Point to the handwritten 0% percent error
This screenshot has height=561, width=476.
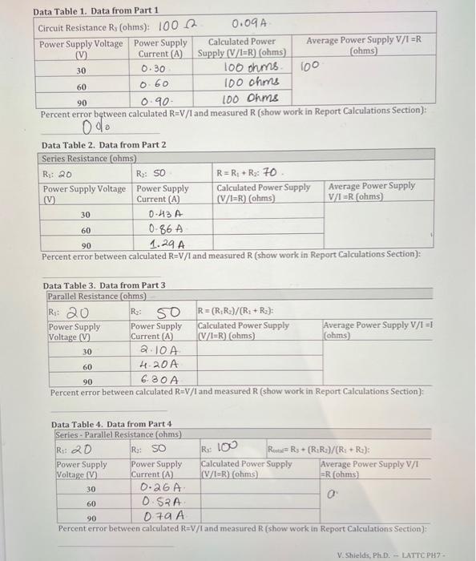(x=94, y=127)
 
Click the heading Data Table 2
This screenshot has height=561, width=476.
(x=103, y=144)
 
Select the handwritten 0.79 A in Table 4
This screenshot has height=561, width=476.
(x=164, y=516)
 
